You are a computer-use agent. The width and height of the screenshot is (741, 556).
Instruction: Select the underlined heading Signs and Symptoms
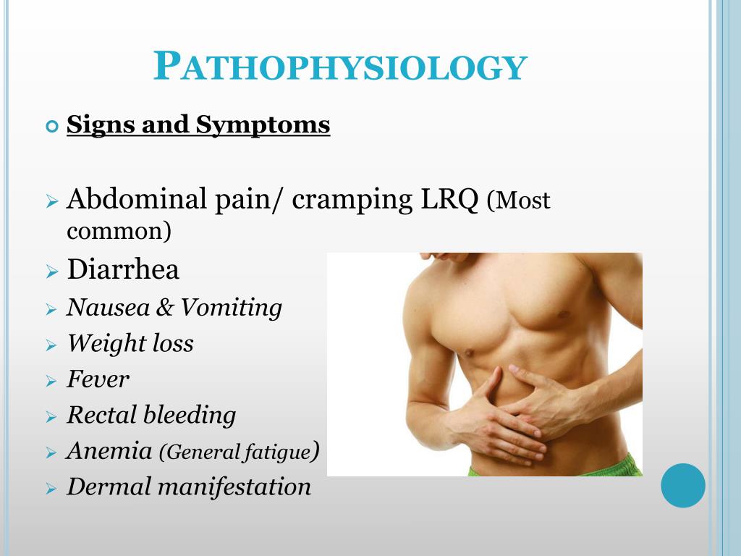pyautogui.click(x=198, y=125)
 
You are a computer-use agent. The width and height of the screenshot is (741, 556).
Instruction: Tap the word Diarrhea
pyautogui.click(x=123, y=270)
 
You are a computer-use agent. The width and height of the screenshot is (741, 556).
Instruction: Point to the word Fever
pyautogui.click(x=98, y=379)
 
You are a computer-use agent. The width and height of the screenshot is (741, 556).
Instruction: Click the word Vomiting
pyautogui.click(x=231, y=308)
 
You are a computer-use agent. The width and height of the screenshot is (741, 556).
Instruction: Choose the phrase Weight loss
pyautogui.click(x=130, y=343)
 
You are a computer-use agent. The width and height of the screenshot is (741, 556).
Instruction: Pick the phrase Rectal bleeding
pyautogui.click(x=151, y=415)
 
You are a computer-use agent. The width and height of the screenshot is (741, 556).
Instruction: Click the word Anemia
pyautogui.click(x=109, y=451)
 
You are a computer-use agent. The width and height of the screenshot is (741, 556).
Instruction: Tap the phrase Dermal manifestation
pyautogui.click(x=189, y=486)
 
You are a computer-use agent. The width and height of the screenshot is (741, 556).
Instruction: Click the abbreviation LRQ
pyautogui.click(x=449, y=199)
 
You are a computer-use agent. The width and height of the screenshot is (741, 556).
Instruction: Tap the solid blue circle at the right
pyautogui.click(x=682, y=485)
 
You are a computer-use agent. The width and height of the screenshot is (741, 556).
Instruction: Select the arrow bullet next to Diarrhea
pyautogui.click(x=51, y=273)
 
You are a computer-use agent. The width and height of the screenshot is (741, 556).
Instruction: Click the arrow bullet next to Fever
pyautogui.click(x=51, y=381)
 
